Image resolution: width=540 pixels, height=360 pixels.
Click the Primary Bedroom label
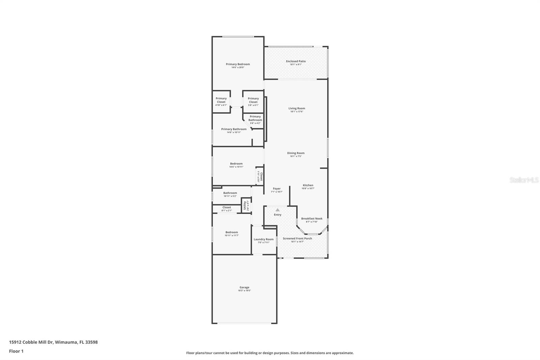pos(238,64)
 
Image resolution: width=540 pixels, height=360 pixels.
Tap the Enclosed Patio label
pos(296,61)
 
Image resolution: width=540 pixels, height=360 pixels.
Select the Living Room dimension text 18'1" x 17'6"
pos(297,111)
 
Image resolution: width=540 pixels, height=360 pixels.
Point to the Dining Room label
pos(296,153)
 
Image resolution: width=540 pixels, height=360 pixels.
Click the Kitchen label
pos(308,185)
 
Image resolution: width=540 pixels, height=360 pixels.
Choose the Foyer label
pos(276,189)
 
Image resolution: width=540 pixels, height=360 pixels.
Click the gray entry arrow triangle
pos(277,210)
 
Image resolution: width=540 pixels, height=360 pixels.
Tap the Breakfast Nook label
pos(312,218)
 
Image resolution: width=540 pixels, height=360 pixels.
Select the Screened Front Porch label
pos(297,238)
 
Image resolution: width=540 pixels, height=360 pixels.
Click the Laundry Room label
pos(264,239)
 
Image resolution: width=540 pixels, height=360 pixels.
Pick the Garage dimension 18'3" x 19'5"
pos(244,290)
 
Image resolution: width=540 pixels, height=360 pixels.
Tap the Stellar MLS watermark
pos(524,180)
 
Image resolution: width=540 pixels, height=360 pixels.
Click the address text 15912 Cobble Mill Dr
pos(31,342)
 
